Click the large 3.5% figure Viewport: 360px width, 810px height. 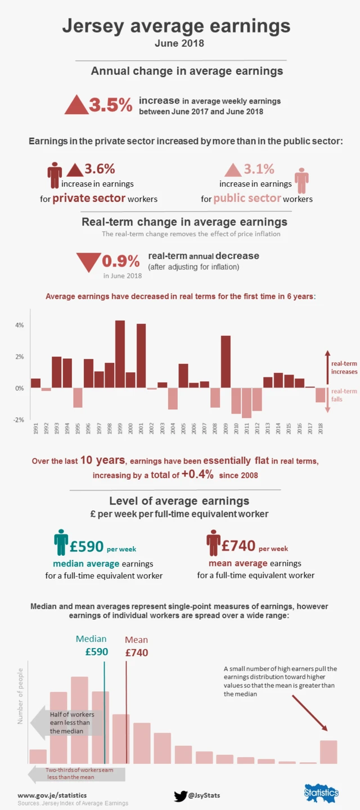(110, 105)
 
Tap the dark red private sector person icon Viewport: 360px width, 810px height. (55, 175)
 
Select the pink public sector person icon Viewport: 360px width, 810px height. (302, 181)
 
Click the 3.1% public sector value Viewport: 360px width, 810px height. (259, 169)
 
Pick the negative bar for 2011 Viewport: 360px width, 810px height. (246, 403)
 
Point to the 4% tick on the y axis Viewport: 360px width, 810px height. (19, 326)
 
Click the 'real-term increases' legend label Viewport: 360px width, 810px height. (344, 368)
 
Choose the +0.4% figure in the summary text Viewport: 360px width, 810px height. (197, 475)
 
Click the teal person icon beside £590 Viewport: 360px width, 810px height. (61, 542)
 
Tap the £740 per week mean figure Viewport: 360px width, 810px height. (238, 546)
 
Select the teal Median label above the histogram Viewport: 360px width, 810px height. (91, 639)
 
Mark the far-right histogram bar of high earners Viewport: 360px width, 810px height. (328, 752)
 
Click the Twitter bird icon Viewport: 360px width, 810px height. (180, 796)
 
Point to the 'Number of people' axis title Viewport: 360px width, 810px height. (21, 696)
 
